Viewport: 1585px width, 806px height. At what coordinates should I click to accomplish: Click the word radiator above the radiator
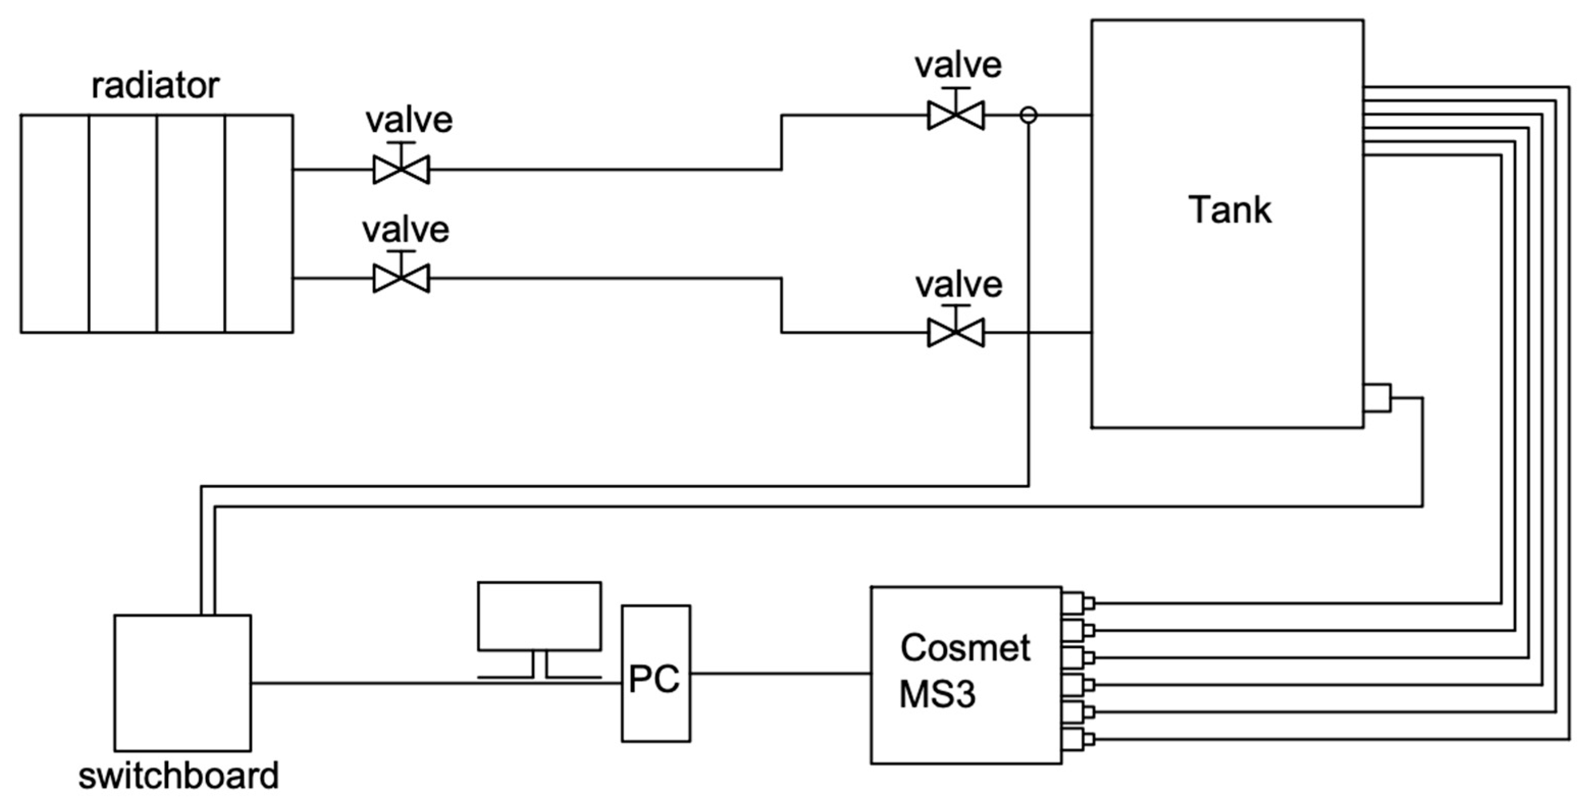point(155,86)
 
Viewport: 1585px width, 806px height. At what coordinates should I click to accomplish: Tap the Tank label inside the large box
point(1229,210)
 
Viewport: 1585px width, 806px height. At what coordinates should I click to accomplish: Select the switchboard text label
point(178,776)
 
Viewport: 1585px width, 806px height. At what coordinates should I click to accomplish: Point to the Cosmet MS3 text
point(964,670)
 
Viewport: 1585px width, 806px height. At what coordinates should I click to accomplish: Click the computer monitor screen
point(539,616)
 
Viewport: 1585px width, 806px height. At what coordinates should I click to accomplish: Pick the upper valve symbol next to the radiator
point(401,169)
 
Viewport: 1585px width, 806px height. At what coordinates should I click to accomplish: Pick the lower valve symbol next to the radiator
point(401,278)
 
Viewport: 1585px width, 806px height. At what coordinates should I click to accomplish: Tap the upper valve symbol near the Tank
point(956,115)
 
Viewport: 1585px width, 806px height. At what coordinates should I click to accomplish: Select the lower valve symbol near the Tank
point(956,332)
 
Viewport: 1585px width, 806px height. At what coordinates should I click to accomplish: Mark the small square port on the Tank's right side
point(1377,398)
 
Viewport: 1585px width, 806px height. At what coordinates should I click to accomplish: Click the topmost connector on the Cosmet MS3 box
point(1077,602)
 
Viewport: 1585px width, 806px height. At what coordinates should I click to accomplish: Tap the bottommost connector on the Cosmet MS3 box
point(1077,739)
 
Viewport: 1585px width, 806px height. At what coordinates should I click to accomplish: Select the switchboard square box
point(182,683)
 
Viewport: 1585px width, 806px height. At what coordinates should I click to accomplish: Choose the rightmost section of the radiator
point(258,223)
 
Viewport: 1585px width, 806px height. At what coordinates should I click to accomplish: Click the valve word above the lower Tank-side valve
point(959,285)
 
